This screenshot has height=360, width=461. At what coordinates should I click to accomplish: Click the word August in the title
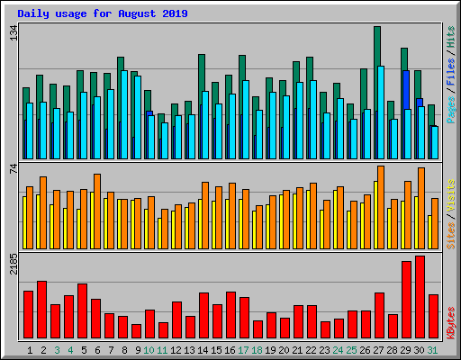137,13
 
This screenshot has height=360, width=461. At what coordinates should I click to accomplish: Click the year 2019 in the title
175,13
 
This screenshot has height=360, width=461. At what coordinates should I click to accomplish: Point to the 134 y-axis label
14,32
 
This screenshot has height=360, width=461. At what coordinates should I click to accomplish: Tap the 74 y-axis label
14,169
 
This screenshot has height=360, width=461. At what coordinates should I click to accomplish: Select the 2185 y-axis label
14,264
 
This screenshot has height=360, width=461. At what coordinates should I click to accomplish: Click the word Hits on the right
451,37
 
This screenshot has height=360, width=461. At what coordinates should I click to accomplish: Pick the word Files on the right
451,72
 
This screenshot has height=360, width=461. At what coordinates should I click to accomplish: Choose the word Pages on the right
451,110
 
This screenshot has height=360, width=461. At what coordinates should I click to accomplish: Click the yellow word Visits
451,195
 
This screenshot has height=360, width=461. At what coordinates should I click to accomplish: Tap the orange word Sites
451,236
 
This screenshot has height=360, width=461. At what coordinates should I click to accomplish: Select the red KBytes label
451,323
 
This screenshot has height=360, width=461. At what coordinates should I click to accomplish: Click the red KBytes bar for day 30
420,297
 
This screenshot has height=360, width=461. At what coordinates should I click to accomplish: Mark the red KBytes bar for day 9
136,331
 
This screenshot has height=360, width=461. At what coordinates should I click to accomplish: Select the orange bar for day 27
381,207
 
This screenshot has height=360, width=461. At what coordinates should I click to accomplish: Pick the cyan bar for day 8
124,114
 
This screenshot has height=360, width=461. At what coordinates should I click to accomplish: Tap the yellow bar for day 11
159,233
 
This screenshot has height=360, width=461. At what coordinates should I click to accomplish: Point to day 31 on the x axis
432,350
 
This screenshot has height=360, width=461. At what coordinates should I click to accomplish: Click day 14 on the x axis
203,350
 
